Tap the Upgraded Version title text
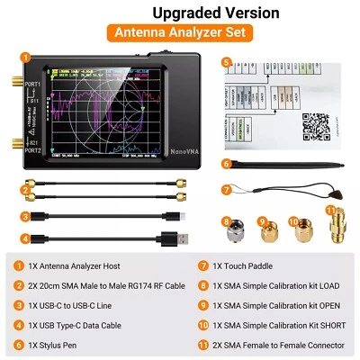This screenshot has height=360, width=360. [179, 12]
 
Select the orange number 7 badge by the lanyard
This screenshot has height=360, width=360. [227, 190]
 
